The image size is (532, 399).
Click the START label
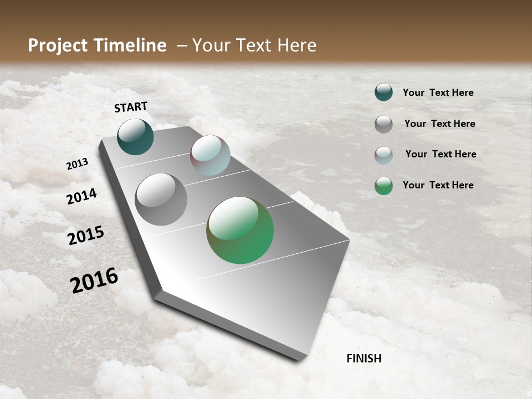pyautogui.click(x=131, y=107)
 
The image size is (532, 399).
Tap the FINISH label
pyautogui.click(x=364, y=359)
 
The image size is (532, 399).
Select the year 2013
pyautogui.click(x=77, y=164)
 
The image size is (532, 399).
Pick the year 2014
pyautogui.click(x=81, y=196)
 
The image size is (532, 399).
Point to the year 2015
pyautogui.click(x=86, y=236)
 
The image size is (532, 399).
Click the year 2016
pyautogui.click(x=94, y=280)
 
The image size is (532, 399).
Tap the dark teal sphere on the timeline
pyautogui.click(x=136, y=137)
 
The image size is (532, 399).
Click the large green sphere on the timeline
pyautogui.click(x=240, y=230)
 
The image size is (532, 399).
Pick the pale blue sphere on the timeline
pyautogui.click(x=210, y=155)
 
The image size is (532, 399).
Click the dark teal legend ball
pyautogui.click(x=383, y=93)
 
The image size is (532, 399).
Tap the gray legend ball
pyautogui.click(x=383, y=124)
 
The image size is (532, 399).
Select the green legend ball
pyautogui.click(x=383, y=186)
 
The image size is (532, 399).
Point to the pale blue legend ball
pyautogui.click(x=383, y=155)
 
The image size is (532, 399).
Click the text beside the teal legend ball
pyautogui.click(x=438, y=93)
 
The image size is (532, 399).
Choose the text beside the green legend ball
pyautogui.click(x=438, y=185)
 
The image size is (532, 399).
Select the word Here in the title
pyautogui.click(x=296, y=45)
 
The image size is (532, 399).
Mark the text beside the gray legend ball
pyautogui.click(x=439, y=124)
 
